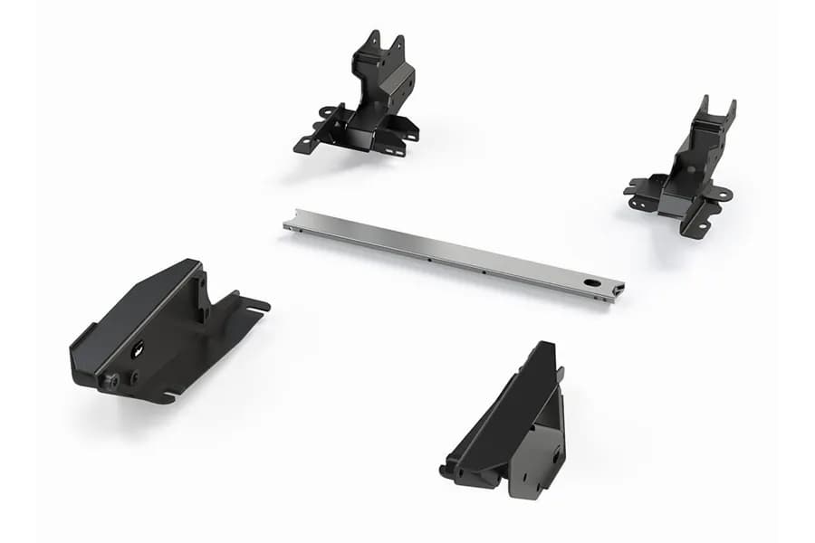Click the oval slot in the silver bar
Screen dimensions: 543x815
[x=592, y=283]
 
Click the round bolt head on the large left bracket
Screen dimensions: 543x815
[x=110, y=381]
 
